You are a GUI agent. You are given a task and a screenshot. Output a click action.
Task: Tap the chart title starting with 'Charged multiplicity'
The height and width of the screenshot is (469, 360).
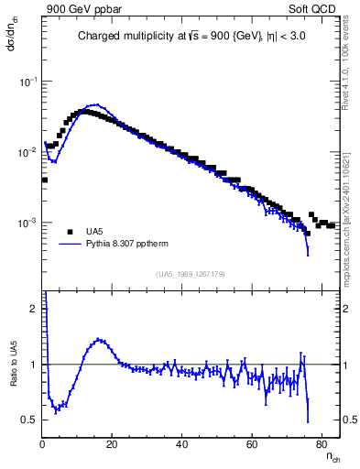point(191,37)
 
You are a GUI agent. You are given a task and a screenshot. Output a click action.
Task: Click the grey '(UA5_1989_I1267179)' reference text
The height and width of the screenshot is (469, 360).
point(191,274)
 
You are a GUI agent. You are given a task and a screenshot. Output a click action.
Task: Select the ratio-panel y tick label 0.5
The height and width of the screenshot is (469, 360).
point(30,420)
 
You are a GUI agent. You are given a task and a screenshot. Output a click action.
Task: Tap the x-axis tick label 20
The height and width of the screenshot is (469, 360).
point(113,444)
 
